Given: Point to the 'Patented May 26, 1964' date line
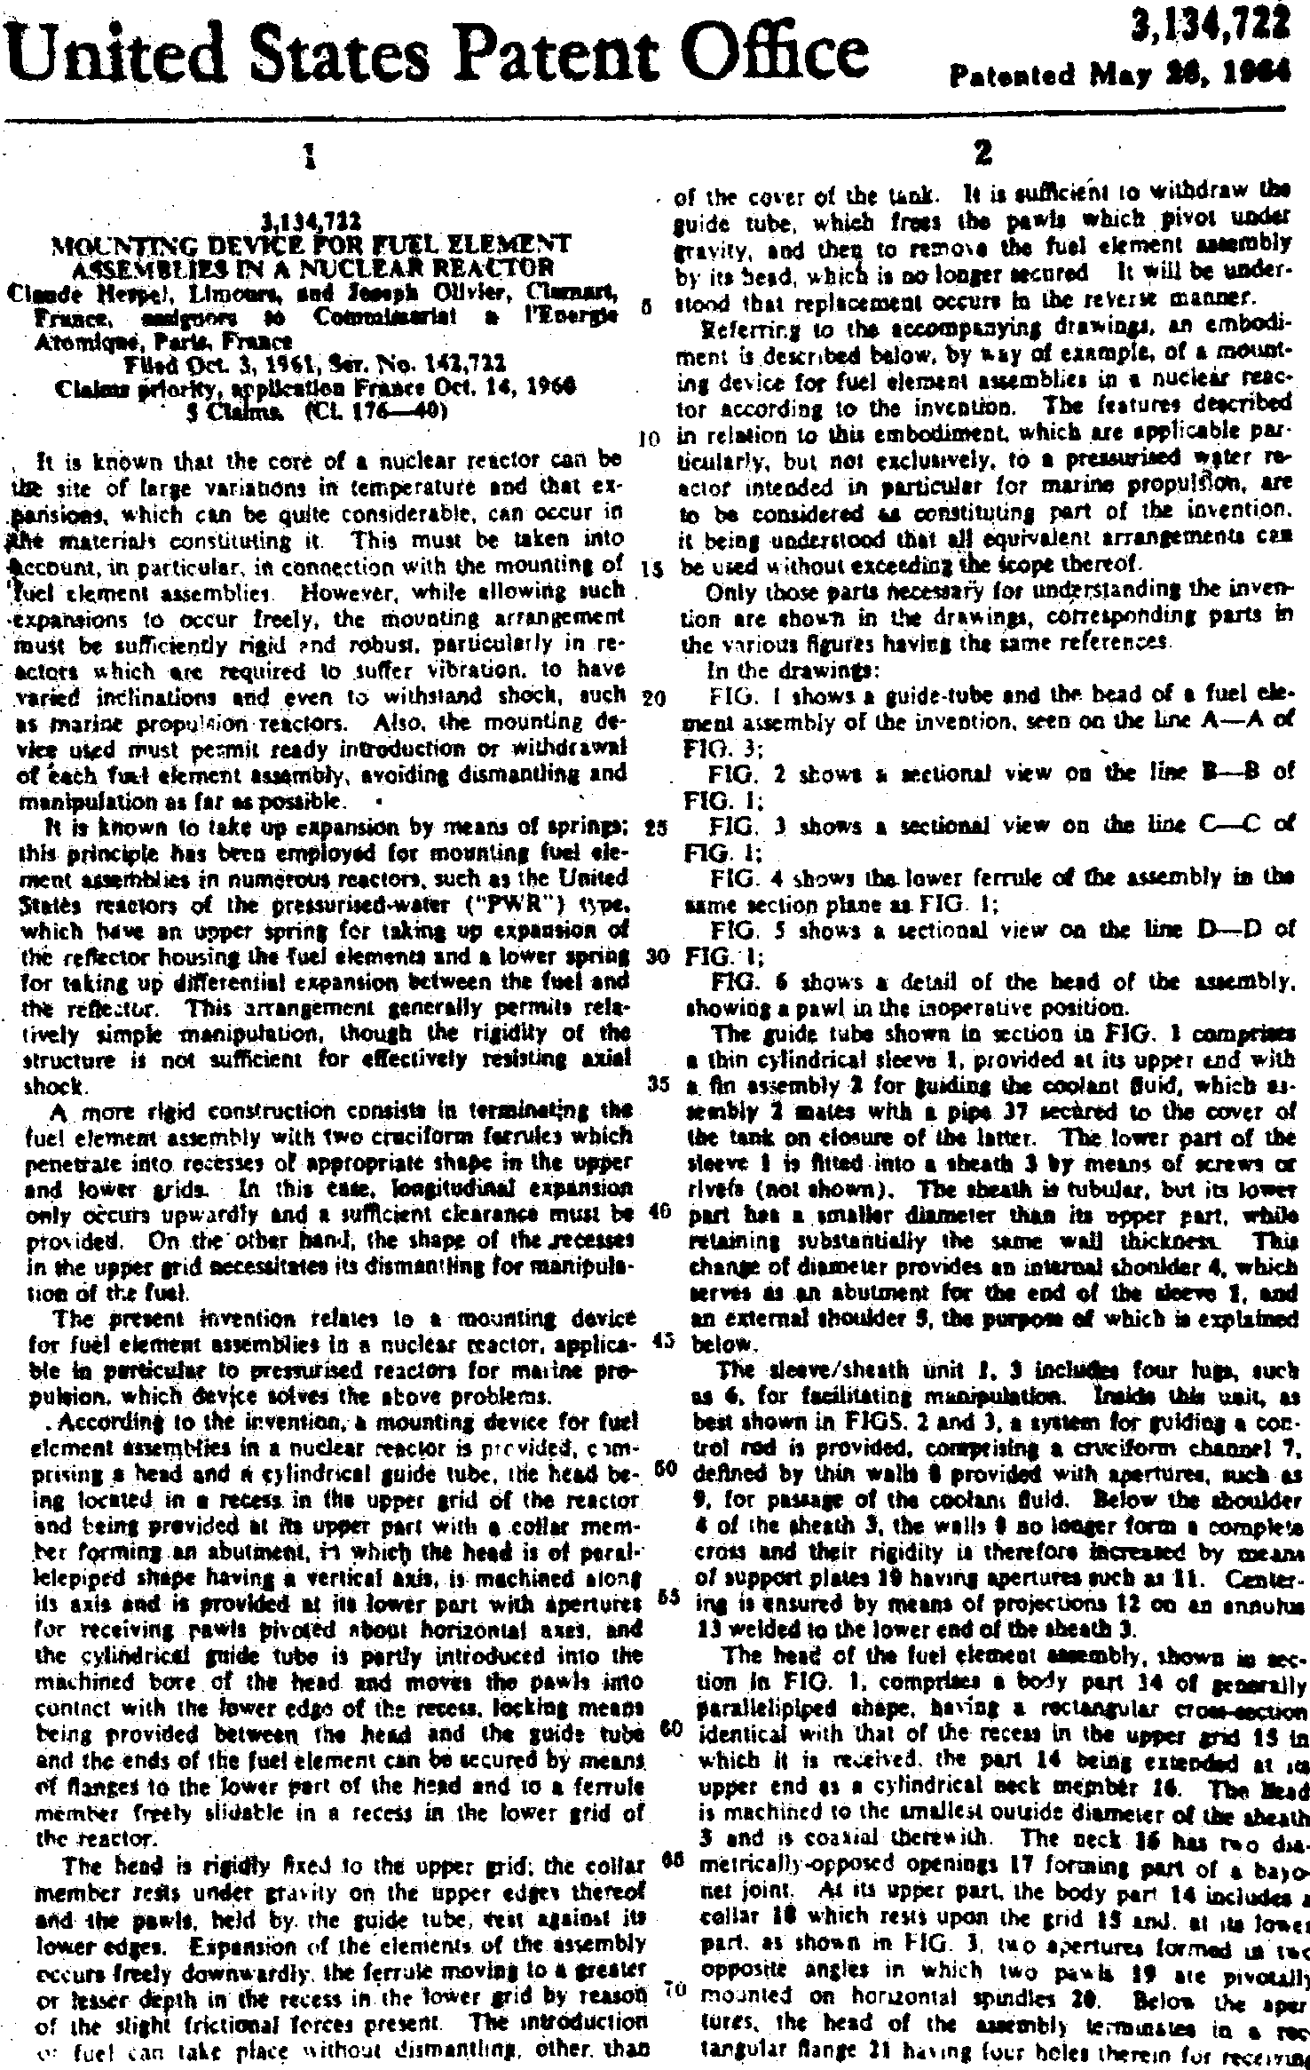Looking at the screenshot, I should coord(1128,72).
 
